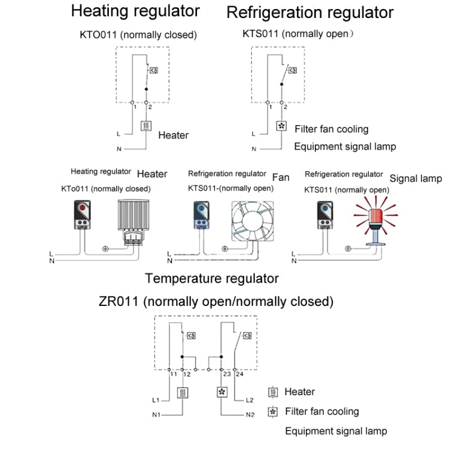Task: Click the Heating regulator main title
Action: click(x=135, y=11)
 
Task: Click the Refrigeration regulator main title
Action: click(x=310, y=12)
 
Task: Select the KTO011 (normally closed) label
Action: click(x=138, y=35)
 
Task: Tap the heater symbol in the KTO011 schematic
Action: click(x=146, y=126)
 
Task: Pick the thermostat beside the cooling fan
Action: click(x=201, y=216)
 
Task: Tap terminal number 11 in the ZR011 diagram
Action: click(x=173, y=374)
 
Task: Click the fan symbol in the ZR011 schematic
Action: click(x=222, y=393)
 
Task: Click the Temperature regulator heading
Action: click(x=211, y=278)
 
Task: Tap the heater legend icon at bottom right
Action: click(x=274, y=392)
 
